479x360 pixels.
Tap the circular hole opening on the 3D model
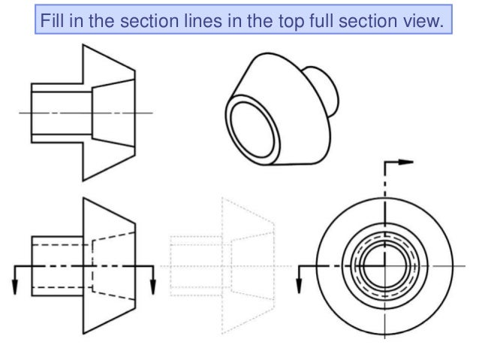tap(254, 118)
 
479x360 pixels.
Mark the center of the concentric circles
tap(384, 265)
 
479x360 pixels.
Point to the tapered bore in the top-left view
tap(113, 112)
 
